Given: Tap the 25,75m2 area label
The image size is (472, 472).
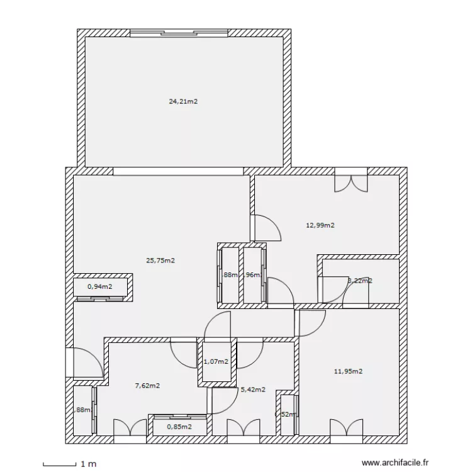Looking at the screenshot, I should [x=160, y=260].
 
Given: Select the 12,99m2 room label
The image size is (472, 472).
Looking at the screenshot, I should [x=320, y=225].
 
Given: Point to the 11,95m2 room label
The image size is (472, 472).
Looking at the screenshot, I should [x=348, y=371].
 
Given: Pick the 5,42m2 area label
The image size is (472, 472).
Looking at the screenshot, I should [x=253, y=390].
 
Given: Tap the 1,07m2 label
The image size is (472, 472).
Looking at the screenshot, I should [x=217, y=361].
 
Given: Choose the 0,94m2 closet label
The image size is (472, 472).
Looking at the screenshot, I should [x=100, y=286].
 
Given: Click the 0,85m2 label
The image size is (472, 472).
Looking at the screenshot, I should [x=179, y=427].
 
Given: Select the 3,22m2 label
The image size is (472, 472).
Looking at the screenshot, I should [x=359, y=281].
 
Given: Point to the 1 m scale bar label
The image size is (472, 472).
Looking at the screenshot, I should [x=88, y=464].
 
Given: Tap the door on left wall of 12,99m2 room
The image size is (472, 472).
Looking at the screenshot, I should [x=266, y=227].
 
